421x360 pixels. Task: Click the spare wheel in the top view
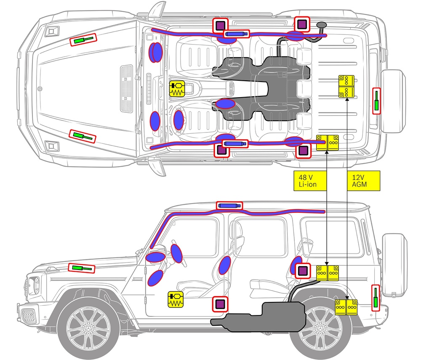pyautogui.click(x=394, y=101)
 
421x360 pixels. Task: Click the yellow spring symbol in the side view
pyautogui.click(x=176, y=299)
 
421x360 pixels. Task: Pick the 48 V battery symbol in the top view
pyautogui.click(x=328, y=143)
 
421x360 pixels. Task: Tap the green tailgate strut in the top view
pyautogui.click(x=376, y=101)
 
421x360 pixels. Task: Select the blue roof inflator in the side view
pyautogui.click(x=229, y=206)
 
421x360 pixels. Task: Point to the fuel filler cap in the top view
pyautogui.click(x=322, y=25)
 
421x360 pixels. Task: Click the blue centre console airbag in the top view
pyautogui.click(x=226, y=103)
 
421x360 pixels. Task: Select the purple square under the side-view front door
pyautogui.click(x=219, y=304)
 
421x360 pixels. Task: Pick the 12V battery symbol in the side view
pyautogui.click(x=346, y=307)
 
